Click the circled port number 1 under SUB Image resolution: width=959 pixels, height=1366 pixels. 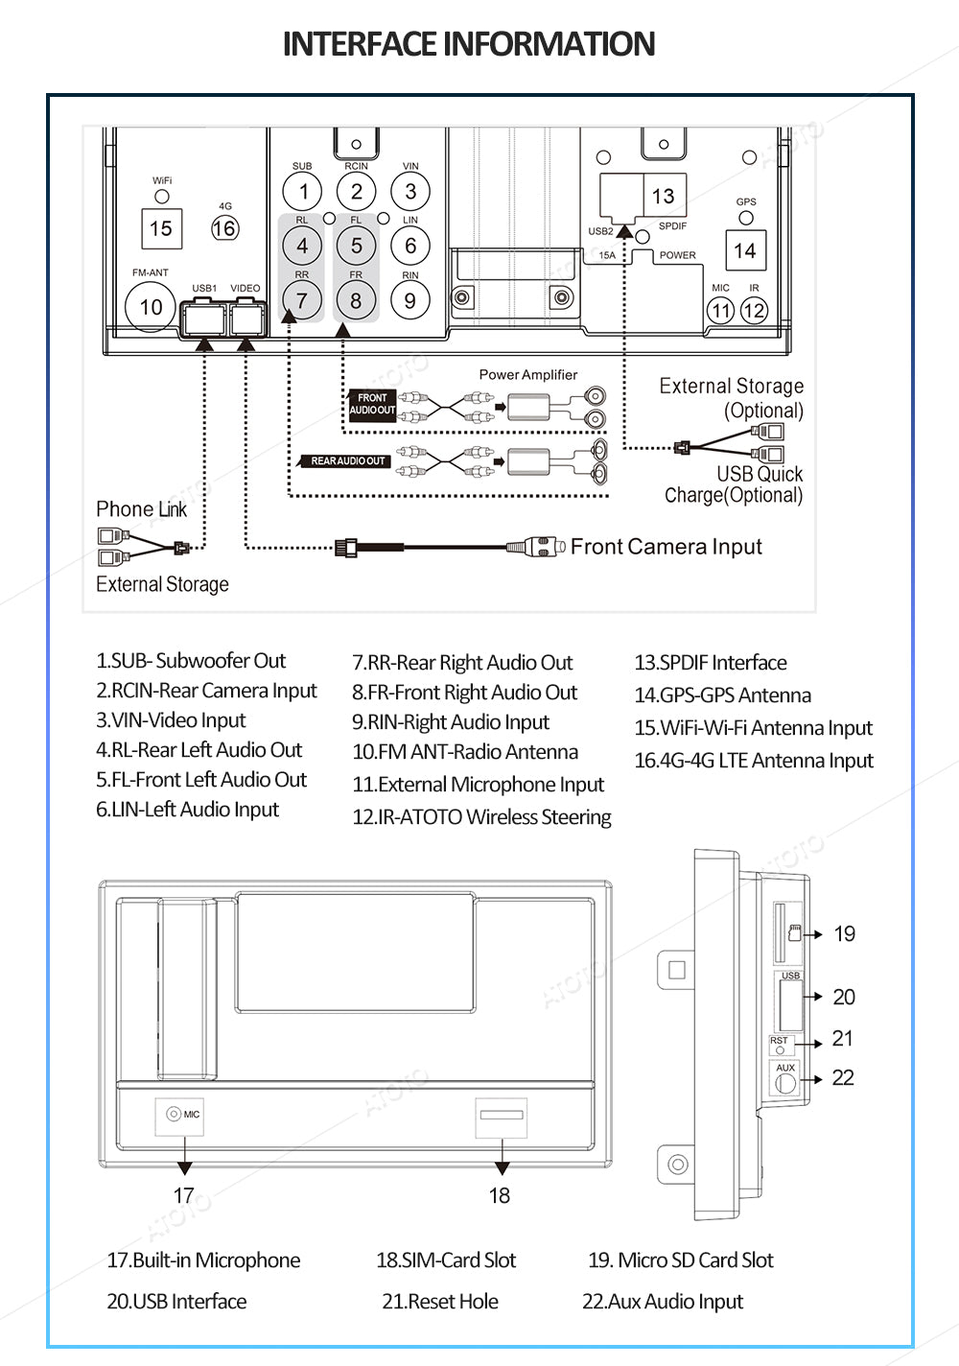click(303, 192)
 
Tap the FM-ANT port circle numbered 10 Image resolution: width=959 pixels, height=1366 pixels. click(151, 307)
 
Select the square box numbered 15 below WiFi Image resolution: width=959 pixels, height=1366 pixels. click(161, 228)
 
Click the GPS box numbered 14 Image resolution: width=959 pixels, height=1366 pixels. click(745, 250)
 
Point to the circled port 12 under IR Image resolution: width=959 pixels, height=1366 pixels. click(754, 311)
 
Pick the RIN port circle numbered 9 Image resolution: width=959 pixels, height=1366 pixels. click(410, 300)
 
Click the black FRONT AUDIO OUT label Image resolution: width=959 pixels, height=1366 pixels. click(372, 404)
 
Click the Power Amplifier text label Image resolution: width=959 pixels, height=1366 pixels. click(528, 374)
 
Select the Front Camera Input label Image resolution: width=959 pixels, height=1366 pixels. click(667, 547)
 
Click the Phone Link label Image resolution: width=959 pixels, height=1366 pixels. click(141, 508)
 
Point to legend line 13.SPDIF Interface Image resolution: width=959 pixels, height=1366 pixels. click(711, 662)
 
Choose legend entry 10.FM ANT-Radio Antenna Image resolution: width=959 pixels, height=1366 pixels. click(465, 751)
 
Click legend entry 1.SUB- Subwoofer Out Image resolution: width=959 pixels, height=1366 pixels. click(191, 660)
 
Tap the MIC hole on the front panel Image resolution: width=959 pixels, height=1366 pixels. click(174, 1114)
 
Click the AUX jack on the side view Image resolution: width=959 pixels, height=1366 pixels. click(784, 1084)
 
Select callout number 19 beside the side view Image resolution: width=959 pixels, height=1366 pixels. click(844, 933)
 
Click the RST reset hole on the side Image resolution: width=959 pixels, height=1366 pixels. click(780, 1050)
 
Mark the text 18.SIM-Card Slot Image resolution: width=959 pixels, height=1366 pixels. click(446, 1260)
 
